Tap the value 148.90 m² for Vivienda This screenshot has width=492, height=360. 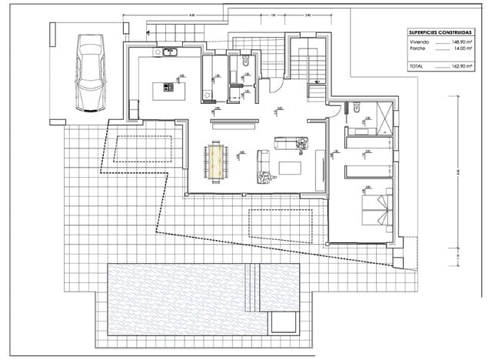(458, 44)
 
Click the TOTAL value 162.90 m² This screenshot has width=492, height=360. (458, 67)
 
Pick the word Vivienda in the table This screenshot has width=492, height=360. (420, 44)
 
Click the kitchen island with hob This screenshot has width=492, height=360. (164, 90)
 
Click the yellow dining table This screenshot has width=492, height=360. (216, 161)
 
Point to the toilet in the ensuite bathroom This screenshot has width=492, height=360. (358, 112)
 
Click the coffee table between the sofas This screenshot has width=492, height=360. (291, 168)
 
